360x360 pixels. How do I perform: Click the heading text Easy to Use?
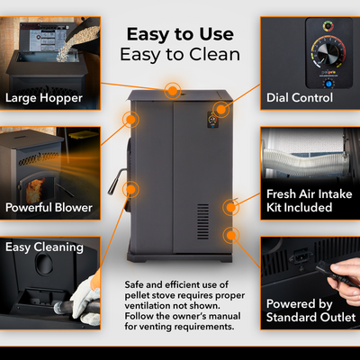(179, 34)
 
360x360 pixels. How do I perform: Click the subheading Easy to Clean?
(179, 54)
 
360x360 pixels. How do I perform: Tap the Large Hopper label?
(44, 97)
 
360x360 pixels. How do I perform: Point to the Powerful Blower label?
(49, 208)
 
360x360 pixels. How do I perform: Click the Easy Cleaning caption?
(45, 246)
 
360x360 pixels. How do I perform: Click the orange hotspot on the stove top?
(170, 90)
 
